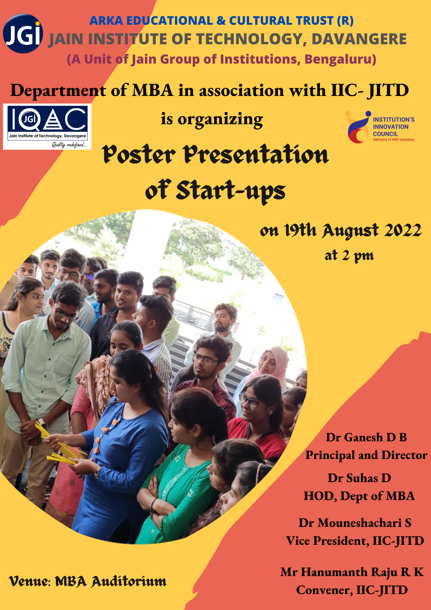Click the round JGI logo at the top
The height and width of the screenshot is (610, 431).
(23, 33)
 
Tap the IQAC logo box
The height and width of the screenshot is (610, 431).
(47, 127)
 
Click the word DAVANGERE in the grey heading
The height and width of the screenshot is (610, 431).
(359, 39)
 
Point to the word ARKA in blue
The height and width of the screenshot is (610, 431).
(106, 21)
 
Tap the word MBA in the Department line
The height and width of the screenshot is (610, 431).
(153, 90)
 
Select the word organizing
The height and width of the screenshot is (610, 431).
(220, 120)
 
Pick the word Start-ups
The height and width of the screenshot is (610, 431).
(231, 190)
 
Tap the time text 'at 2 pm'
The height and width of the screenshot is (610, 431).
(349, 256)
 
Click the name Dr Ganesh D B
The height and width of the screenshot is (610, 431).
(366, 437)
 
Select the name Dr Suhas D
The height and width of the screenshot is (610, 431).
(359, 478)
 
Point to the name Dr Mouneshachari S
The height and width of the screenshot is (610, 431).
(355, 523)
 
